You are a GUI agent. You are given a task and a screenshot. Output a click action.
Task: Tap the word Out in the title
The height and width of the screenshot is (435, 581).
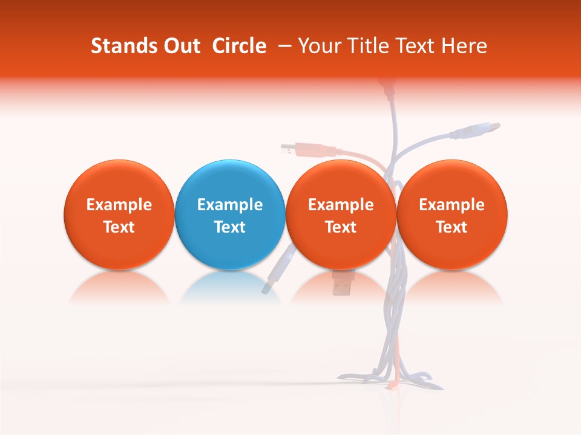click(x=180, y=46)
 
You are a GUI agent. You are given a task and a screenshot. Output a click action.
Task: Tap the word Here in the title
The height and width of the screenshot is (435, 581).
click(x=465, y=46)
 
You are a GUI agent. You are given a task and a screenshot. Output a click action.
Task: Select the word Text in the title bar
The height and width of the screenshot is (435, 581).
click(x=416, y=46)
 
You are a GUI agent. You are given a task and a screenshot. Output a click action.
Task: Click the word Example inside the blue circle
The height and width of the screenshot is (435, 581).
click(x=229, y=205)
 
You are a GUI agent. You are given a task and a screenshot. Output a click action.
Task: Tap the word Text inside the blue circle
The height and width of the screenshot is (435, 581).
click(x=229, y=227)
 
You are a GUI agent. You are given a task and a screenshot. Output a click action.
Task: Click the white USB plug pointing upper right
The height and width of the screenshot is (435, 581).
click(x=484, y=129)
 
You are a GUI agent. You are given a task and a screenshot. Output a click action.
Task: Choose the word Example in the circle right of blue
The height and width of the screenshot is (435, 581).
click(x=341, y=205)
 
